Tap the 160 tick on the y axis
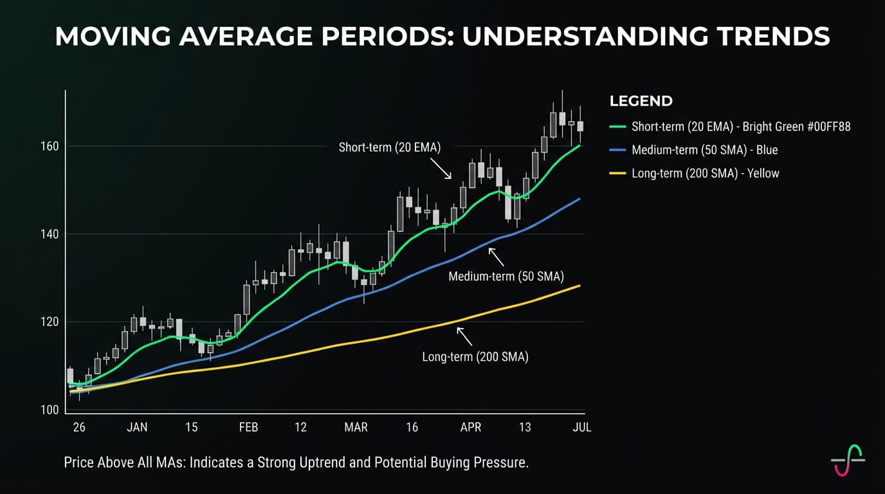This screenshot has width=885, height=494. (50, 146)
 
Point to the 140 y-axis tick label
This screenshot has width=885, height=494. (50, 234)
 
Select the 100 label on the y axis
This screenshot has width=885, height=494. (50, 410)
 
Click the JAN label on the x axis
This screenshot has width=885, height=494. (137, 427)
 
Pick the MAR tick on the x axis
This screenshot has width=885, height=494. (356, 427)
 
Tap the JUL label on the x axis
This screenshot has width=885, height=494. (581, 427)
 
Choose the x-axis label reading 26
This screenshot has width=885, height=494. (79, 427)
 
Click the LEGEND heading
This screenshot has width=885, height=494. (641, 101)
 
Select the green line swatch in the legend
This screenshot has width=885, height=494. (617, 127)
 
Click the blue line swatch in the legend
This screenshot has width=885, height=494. (617, 150)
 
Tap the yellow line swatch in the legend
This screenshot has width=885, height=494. (617, 173)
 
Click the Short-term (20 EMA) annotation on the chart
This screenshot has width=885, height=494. (390, 147)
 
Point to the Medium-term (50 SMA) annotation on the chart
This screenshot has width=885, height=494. (506, 277)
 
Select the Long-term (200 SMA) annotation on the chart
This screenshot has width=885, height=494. (475, 357)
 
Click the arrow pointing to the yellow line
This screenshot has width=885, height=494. (464, 336)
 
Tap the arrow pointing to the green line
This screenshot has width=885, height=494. (441, 169)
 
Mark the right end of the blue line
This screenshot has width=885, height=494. (579, 199)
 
